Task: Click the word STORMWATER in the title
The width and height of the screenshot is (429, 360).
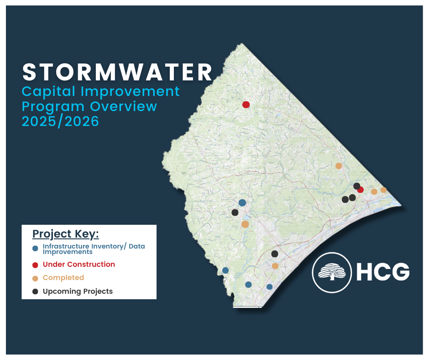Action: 118,72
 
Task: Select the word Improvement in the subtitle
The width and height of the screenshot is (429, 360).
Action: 130,91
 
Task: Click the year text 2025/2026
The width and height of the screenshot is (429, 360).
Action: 61,122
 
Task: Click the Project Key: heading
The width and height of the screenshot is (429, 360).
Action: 65,234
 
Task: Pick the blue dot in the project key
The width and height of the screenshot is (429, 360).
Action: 35,249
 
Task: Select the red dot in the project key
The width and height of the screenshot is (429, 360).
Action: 35,265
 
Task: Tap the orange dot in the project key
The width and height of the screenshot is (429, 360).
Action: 35,278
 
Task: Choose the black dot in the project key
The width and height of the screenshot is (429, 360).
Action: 35,291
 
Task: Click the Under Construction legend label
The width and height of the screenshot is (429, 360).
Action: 78,265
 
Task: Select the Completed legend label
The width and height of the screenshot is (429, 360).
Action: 63,278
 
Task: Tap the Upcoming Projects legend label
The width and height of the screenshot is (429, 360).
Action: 78,291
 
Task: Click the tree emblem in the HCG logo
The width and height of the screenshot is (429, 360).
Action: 331,272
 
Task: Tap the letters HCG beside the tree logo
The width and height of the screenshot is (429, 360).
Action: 382,272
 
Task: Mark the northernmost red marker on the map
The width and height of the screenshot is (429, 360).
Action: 246,105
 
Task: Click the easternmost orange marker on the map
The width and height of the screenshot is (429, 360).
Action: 383,190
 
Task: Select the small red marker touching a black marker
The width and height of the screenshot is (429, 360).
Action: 361,190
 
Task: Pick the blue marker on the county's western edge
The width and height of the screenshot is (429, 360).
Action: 225,270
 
